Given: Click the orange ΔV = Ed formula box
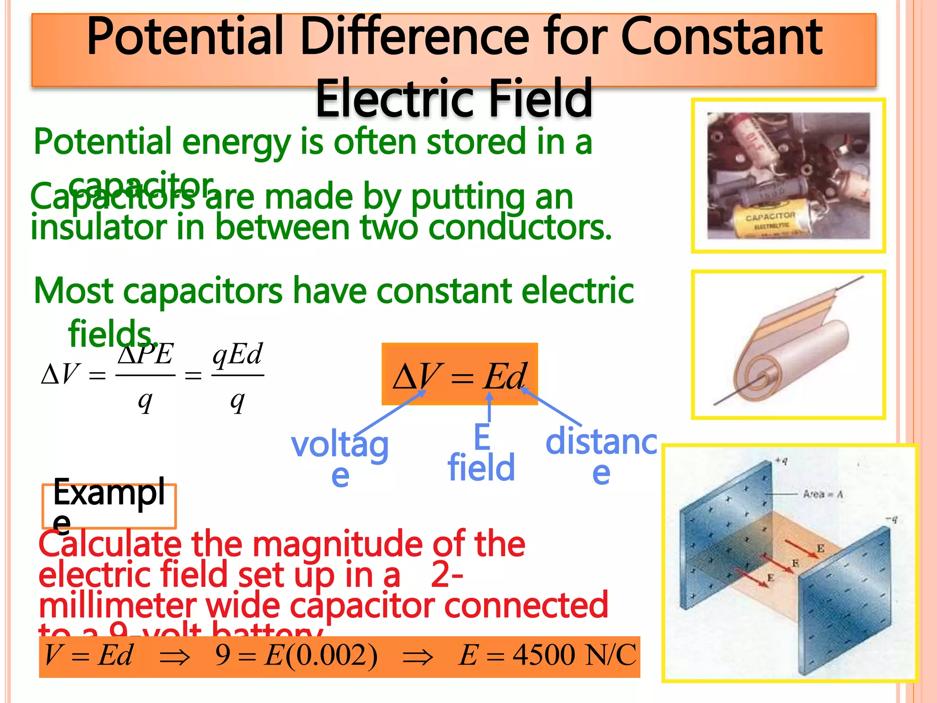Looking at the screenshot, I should click(x=459, y=374).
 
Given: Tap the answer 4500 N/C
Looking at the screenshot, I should click(x=574, y=655).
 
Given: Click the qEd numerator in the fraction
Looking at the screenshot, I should click(x=237, y=354).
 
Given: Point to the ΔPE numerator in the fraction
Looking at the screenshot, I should click(x=145, y=354).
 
